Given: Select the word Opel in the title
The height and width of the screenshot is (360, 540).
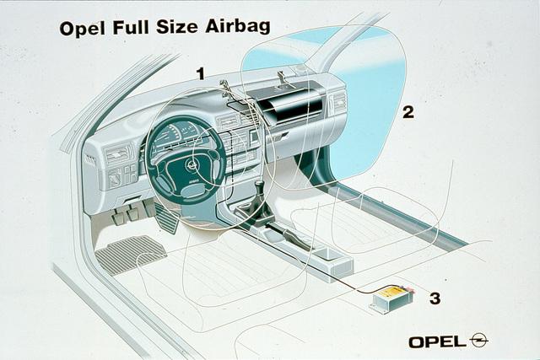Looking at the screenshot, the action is tap(82, 29).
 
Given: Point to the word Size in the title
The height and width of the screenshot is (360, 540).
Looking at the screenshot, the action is tap(177, 26).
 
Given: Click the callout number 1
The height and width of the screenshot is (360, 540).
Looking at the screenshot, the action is tap(201, 73).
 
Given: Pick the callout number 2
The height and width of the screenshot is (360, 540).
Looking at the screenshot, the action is tap(408, 112).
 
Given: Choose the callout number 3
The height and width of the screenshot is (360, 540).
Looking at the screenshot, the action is tap(435, 298).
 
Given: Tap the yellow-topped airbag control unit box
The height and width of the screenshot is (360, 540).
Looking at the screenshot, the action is tap(391, 298).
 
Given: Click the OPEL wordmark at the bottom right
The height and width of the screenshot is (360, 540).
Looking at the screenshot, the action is tap(437, 341).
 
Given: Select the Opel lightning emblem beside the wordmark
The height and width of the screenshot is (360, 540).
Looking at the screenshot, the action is tap(478, 341).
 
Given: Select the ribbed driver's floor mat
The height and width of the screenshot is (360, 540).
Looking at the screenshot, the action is tap(131, 254).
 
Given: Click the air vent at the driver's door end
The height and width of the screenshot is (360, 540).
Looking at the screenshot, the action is tap(118, 154).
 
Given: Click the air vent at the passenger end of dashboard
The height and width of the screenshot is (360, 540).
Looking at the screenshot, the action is tap(338, 101).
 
